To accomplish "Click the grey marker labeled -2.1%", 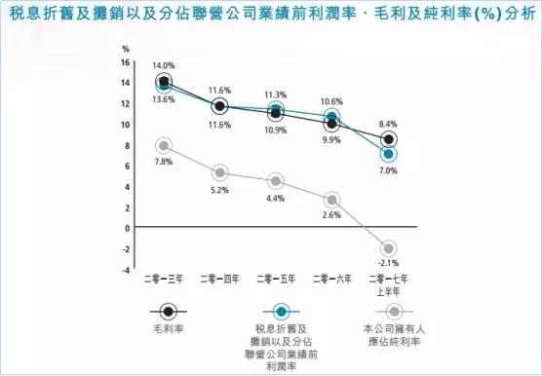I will pyautogui.click(x=389, y=248).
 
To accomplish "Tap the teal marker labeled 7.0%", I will pyautogui.click(x=389, y=154).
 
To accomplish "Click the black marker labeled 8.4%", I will pyautogui.click(x=390, y=139).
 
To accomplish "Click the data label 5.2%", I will pyautogui.click(x=219, y=191).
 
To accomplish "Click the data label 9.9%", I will pyautogui.click(x=331, y=141).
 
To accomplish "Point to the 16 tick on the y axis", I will pyautogui.click(x=124, y=62).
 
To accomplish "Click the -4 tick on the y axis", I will pyautogui.click(x=124, y=270).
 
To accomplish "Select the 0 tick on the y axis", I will pyautogui.click(x=126, y=228).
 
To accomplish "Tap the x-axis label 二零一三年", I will pyautogui.click(x=164, y=279).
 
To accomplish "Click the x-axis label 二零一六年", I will pyautogui.click(x=332, y=279).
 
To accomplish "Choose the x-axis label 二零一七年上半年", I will pyautogui.click(x=390, y=283).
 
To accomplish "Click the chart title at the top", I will pyautogui.click(x=270, y=17).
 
